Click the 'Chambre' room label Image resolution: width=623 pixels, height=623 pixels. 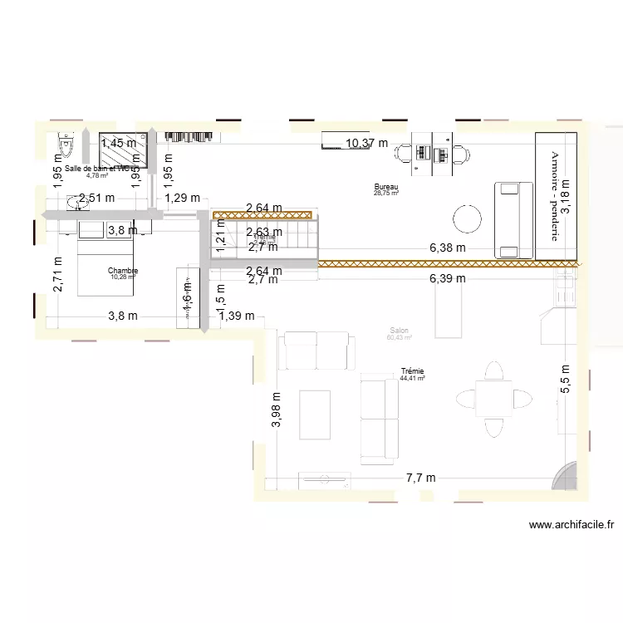click(123, 271)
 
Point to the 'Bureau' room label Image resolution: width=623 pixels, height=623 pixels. click(386, 187)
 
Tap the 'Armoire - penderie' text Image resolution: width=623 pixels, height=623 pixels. click(555, 195)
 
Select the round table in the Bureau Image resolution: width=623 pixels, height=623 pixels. click(467, 219)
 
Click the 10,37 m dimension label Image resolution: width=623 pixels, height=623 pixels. click(367, 143)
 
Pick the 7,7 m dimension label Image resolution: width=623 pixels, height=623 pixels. click(420, 478)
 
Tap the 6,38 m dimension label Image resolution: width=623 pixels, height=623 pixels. click(447, 248)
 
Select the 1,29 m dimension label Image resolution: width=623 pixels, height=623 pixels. click(182, 198)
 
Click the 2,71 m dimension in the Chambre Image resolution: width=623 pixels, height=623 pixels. click(58, 274)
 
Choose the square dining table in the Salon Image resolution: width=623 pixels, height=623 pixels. click(493, 399)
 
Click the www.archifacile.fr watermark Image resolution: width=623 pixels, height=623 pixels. click(571, 524)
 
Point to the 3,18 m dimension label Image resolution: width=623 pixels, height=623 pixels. click(566, 197)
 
